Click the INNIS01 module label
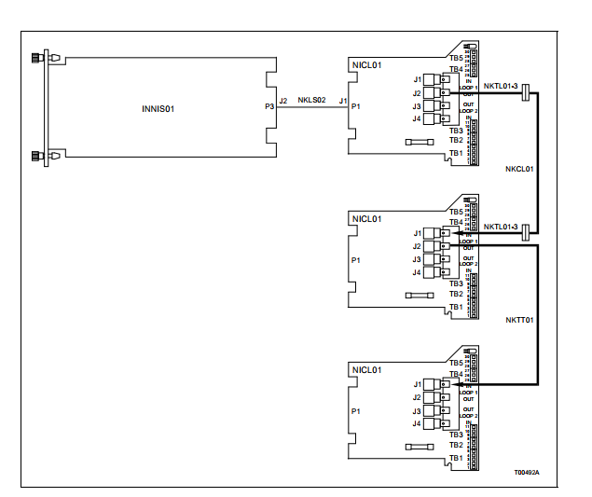(x=158, y=108)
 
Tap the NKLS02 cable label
(x=311, y=99)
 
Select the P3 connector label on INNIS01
(x=269, y=106)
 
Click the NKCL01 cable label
(x=518, y=171)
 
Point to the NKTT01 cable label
(x=518, y=320)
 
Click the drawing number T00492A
(x=526, y=472)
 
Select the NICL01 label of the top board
(x=366, y=66)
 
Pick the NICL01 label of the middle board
(x=366, y=219)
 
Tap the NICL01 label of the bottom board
(x=366, y=370)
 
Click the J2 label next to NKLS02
(x=282, y=99)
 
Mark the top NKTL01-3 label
(x=500, y=85)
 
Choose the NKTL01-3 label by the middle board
(x=500, y=227)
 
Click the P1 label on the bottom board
(x=355, y=410)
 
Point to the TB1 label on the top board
(x=456, y=152)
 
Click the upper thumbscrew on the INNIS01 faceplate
(x=38, y=58)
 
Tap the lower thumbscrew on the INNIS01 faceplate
(x=38, y=156)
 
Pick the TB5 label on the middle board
(x=456, y=212)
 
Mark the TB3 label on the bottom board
(x=456, y=435)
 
